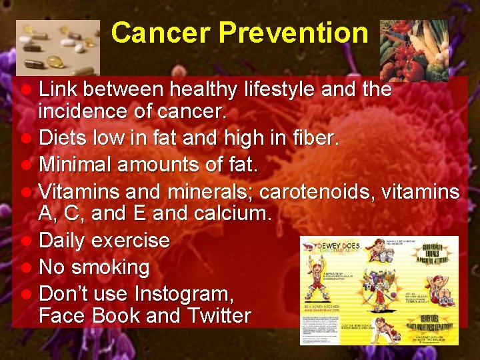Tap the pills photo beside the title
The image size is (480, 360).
coord(58,47)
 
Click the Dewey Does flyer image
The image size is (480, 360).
coord(379,290)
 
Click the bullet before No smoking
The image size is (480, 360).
coord(25,268)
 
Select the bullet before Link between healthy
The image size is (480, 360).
coord(25,90)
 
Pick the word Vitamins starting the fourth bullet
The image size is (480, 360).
coord(82,192)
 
